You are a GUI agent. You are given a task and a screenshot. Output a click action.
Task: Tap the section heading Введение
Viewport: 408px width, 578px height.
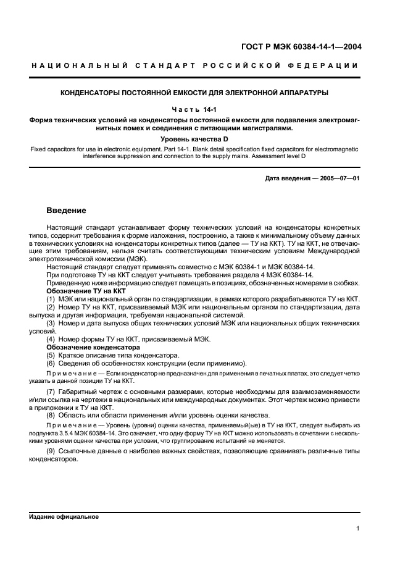point(69,211)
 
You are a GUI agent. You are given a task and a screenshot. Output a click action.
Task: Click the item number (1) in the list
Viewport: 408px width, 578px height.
point(51,299)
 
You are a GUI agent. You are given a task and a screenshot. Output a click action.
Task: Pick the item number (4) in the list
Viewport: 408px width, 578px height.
point(51,339)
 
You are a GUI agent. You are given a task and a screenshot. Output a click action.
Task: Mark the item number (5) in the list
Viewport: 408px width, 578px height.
point(51,355)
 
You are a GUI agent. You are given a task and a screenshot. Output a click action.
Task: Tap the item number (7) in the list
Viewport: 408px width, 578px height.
point(51,392)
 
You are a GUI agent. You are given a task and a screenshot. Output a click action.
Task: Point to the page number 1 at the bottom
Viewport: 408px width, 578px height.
point(357,529)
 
